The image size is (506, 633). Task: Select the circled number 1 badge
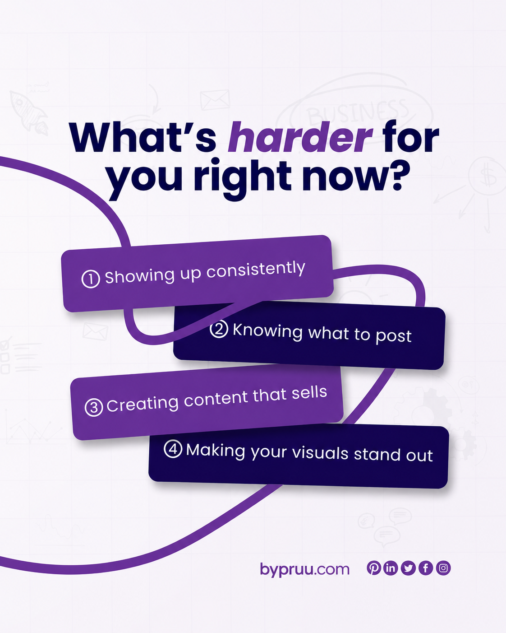tap(91, 279)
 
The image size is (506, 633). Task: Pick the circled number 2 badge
tap(219, 329)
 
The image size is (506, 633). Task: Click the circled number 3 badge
tap(94, 407)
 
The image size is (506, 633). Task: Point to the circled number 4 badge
tap(173, 449)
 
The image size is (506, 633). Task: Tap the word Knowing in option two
tap(267, 332)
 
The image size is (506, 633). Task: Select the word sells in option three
tap(309, 392)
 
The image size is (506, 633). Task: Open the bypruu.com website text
tap(305, 569)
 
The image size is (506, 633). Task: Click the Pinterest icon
tap(374, 568)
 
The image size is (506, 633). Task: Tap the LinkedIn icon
tap(391, 568)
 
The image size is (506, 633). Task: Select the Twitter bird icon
tap(408, 568)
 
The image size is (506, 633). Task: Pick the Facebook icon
tap(426, 568)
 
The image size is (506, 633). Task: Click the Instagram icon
tap(443, 568)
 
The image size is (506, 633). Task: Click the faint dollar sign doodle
tap(488, 176)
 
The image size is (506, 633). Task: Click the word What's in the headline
tap(143, 137)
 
